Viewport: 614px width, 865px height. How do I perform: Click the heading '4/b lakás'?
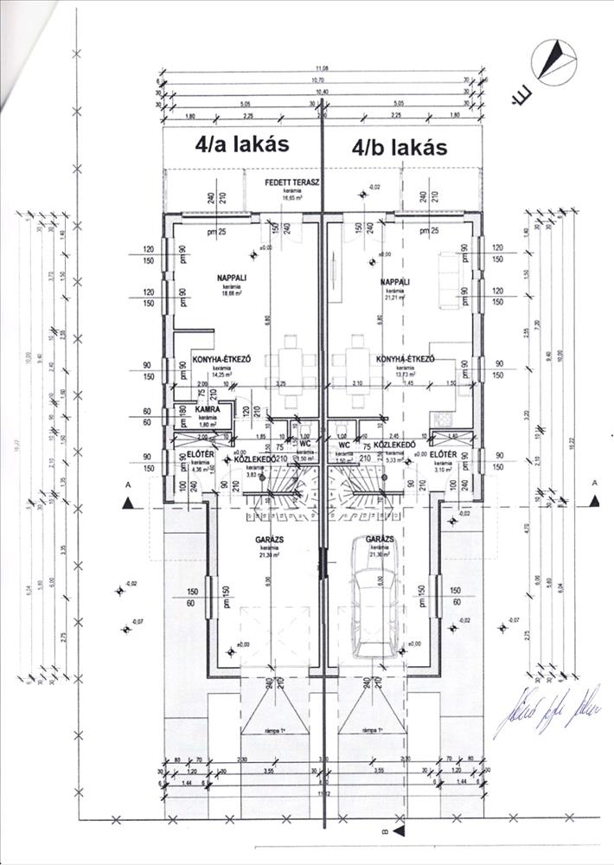point(400,147)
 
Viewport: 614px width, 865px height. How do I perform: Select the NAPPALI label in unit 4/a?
point(231,279)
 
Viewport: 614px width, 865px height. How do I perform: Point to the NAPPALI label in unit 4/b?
point(394,282)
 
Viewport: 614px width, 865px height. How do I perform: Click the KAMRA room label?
point(206,407)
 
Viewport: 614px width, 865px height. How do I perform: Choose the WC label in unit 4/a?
point(304,443)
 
